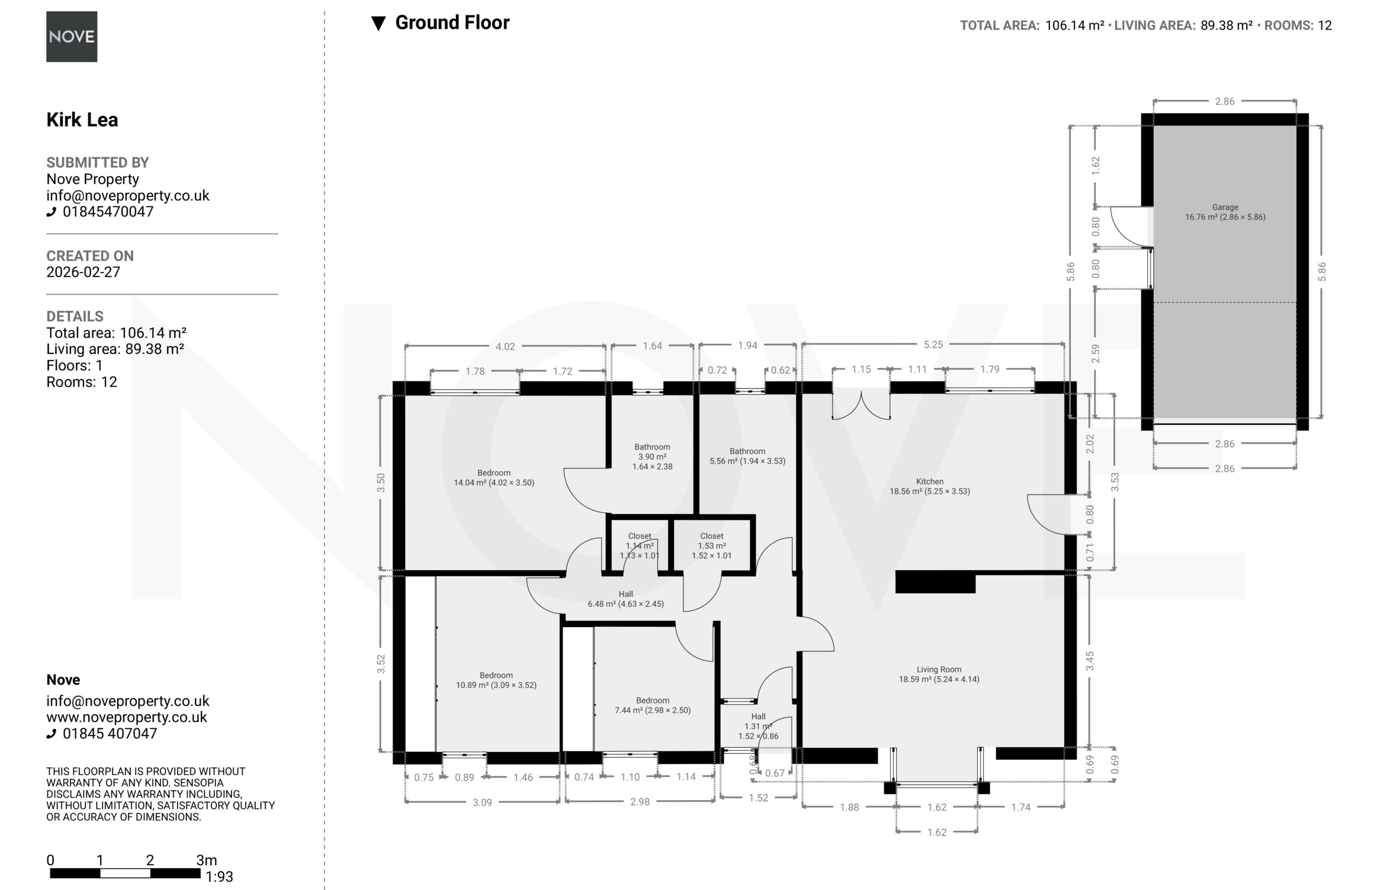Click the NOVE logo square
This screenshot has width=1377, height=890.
coord(72,37)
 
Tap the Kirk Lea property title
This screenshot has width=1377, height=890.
coord(82,119)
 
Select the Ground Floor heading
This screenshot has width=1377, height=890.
coord(452,23)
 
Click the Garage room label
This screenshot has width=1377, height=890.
coord(1225,212)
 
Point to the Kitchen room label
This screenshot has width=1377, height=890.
coord(929,486)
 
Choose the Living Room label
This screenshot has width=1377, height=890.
coord(939,674)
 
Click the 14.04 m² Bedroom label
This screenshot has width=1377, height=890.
coord(494,478)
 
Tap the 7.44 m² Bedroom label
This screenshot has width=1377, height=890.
coord(652,705)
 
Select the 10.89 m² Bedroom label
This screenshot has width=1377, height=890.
coord(496,680)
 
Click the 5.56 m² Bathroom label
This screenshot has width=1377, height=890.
coord(748,456)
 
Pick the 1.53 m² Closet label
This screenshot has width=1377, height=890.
coord(712,545)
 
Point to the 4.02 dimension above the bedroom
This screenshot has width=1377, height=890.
coord(505,346)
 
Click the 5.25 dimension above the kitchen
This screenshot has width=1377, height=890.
coord(933,345)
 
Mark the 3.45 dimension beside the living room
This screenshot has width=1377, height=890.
coord(1090,661)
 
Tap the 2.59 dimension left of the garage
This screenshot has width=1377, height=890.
coord(1095,354)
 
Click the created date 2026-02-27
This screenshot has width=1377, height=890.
coord(83,272)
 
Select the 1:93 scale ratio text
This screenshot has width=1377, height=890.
coord(219,877)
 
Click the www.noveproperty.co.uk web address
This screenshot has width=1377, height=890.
coord(126,717)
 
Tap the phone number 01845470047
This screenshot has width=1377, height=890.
coord(108,211)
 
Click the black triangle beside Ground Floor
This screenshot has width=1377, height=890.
coord(378,24)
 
